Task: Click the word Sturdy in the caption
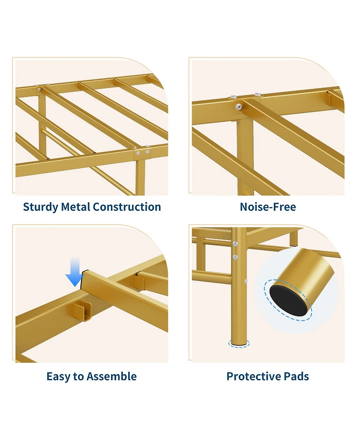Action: [x=40, y=207]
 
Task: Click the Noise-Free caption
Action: [x=268, y=207]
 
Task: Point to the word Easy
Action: [x=61, y=376]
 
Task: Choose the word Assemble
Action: [x=114, y=376]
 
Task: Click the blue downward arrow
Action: [x=75, y=273]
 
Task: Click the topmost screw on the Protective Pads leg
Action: [x=235, y=244]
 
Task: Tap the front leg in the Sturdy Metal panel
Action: [x=140, y=176]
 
